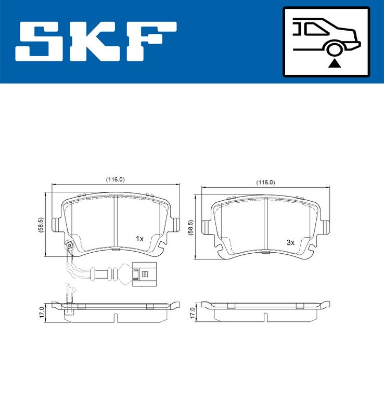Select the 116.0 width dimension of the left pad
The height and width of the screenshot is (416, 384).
point(116,179)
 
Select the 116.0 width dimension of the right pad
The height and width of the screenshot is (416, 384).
point(265,183)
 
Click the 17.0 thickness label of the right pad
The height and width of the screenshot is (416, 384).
point(191,313)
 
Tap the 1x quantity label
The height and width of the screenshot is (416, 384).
point(139,239)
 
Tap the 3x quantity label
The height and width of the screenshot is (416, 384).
point(290,242)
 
